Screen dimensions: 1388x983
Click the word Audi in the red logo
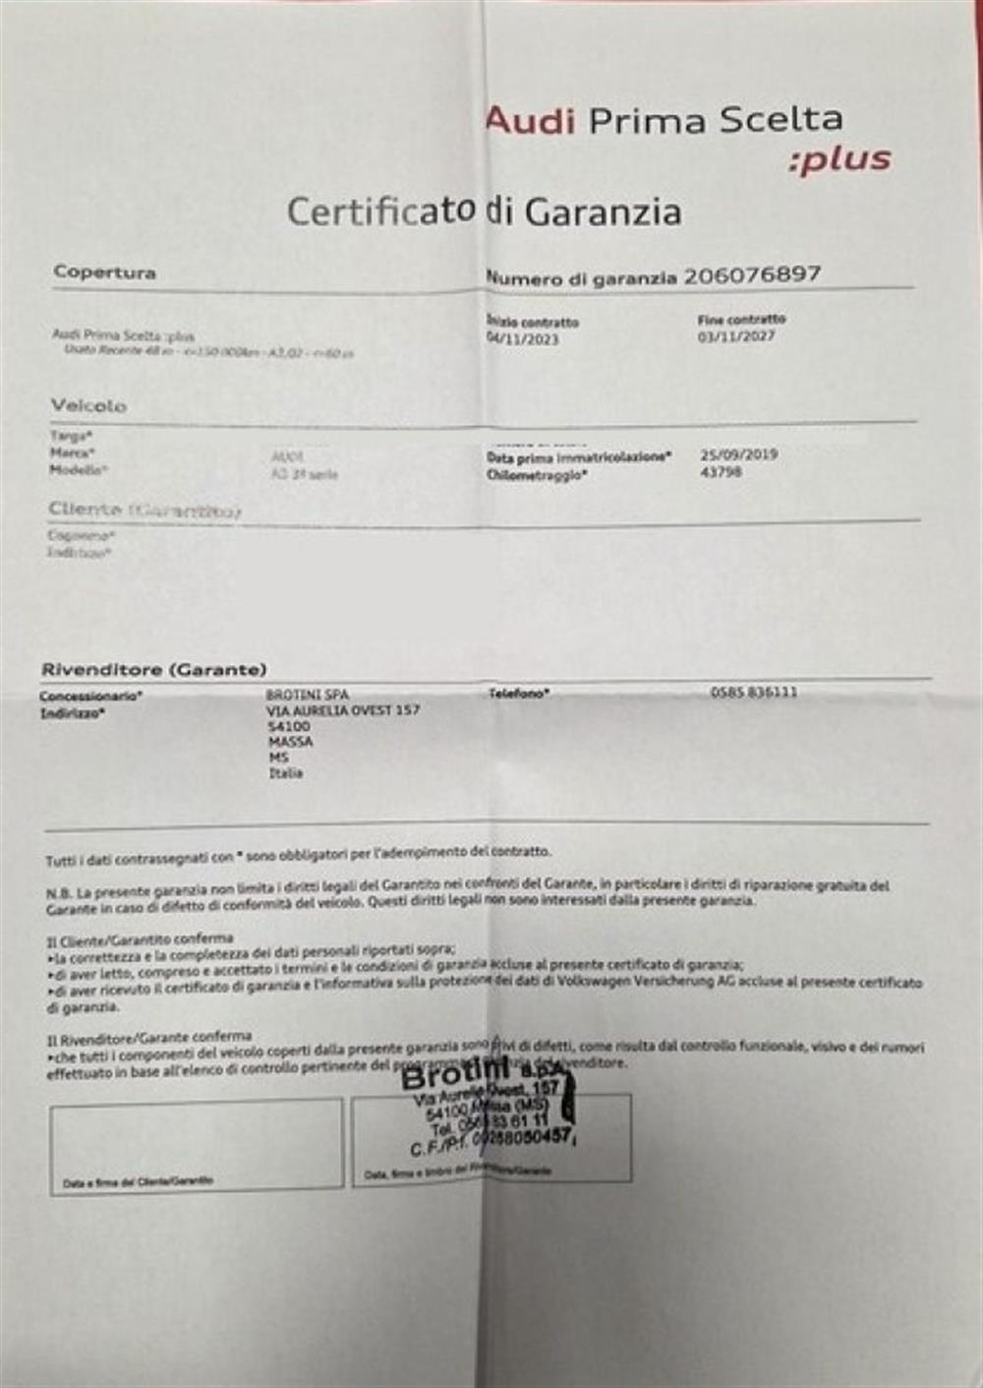(x=530, y=121)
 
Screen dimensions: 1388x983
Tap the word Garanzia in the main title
(x=603, y=211)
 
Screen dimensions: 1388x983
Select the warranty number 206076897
(x=752, y=274)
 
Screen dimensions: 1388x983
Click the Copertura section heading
(x=104, y=272)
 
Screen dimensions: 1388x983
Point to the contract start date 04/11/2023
(x=522, y=338)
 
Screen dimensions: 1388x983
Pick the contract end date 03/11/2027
(x=736, y=336)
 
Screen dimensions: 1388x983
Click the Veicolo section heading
(x=88, y=405)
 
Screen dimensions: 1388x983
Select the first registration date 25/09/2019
(x=738, y=454)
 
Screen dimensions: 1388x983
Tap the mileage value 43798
(x=722, y=472)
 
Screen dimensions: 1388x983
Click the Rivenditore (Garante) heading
(x=153, y=670)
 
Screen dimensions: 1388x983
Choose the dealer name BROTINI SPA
(x=308, y=694)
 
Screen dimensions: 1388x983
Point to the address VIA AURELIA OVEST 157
(x=343, y=709)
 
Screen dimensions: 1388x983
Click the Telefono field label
(x=518, y=694)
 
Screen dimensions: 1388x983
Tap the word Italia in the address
(x=286, y=773)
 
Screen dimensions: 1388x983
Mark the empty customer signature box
(x=197, y=1141)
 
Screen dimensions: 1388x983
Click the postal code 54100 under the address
(x=289, y=726)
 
